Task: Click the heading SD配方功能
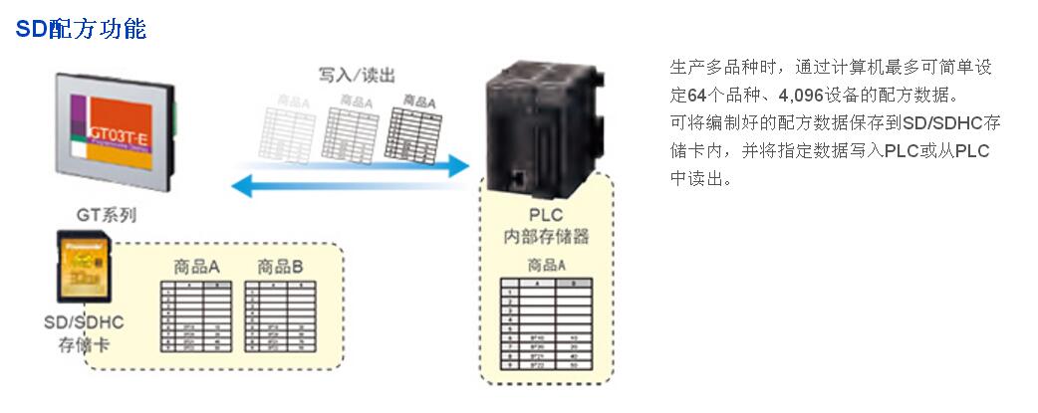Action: pos(81,30)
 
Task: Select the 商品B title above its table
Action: pos(280,267)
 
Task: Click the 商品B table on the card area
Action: pos(280,317)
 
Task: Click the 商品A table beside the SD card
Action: pos(196,317)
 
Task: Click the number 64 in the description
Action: pos(696,97)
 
